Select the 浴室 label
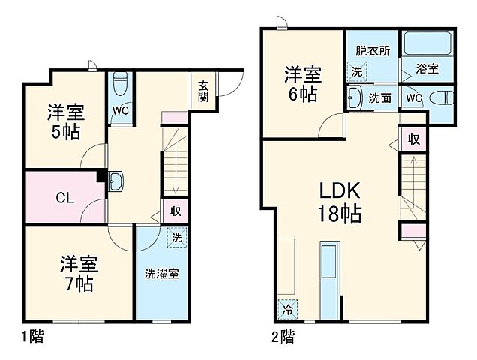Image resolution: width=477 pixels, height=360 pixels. pyautogui.click(x=428, y=68)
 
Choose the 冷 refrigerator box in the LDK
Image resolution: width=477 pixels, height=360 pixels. pyautogui.click(x=288, y=307)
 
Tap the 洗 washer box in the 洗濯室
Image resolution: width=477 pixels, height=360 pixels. pyautogui.click(x=176, y=237)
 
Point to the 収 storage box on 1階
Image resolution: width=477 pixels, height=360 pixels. pyautogui.click(x=175, y=211)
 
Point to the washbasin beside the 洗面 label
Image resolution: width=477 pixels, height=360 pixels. pyautogui.click(x=354, y=97)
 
